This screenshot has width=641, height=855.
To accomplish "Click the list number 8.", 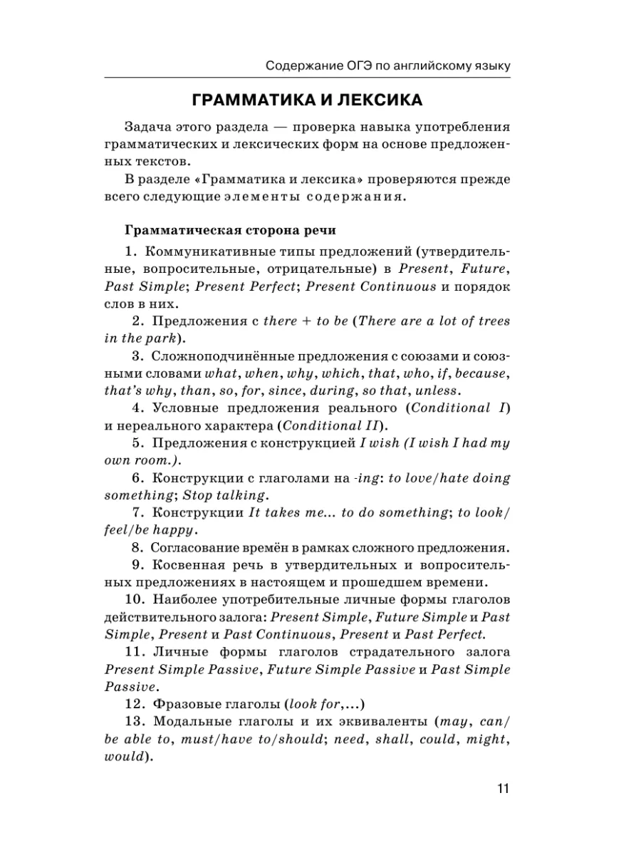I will pos(140,548).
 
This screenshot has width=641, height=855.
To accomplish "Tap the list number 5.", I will pos(140,443).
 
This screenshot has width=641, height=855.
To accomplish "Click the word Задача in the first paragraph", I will pos(147,126).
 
